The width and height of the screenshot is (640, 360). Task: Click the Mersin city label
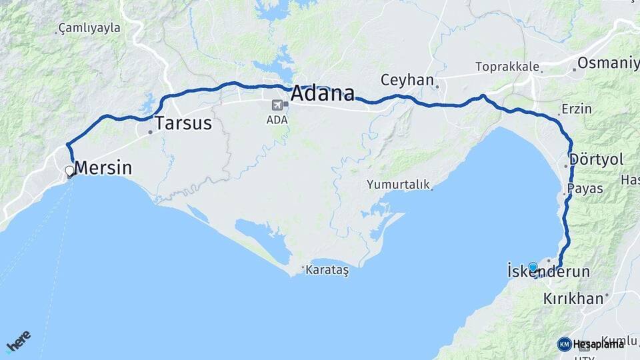click(x=103, y=168)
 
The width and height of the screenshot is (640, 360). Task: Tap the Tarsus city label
click(x=183, y=123)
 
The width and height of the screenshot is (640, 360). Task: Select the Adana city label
click(x=322, y=93)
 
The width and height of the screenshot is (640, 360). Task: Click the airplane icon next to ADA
click(x=277, y=105)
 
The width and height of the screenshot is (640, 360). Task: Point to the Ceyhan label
click(x=407, y=80)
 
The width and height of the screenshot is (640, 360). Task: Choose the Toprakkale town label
click(x=506, y=67)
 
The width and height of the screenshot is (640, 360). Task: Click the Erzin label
click(x=577, y=109)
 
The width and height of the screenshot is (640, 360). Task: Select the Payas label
click(x=585, y=189)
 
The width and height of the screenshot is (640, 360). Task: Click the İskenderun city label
click(x=549, y=272)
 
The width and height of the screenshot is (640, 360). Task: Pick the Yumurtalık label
click(x=398, y=185)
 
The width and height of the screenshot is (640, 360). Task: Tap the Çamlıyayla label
click(x=89, y=28)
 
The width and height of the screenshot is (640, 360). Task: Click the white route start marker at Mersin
click(x=69, y=171)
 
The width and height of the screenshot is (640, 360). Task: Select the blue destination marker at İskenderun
click(x=533, y=267)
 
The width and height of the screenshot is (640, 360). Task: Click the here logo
click(x=19, y=340)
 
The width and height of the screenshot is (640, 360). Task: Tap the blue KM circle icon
click(x=564, y=344)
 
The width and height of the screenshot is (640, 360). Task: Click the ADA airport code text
click(x=276, y=120)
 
